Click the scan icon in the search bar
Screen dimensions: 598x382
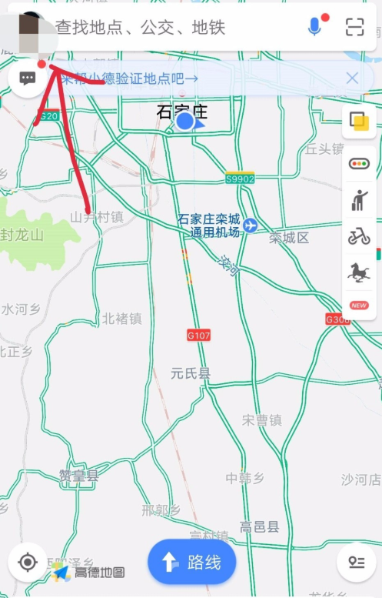tap(354, 27)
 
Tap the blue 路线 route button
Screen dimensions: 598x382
tap(191, 563)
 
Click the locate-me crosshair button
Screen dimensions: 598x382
tap(28, 563)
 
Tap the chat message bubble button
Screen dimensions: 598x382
tap(28, 79)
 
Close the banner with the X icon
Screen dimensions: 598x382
tap(352, 78)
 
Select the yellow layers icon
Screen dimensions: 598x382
tap(359, 122)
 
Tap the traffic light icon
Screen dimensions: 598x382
tap(359, 163)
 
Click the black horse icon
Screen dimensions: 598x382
tap(359, 272)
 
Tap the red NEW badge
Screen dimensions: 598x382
tap(359, 306)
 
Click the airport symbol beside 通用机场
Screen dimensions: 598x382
tap(251, 226)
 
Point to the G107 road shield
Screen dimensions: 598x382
tap(198, 336)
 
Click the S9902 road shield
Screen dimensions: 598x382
tap(240, 179)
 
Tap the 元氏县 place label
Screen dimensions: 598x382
tap(191, 374)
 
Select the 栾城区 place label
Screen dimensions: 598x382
tap(289, 238)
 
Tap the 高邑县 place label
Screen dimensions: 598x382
tap(259, 527)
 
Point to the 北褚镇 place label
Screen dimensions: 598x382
tap(122, 318)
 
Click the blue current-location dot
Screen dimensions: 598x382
tap(184, 121)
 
